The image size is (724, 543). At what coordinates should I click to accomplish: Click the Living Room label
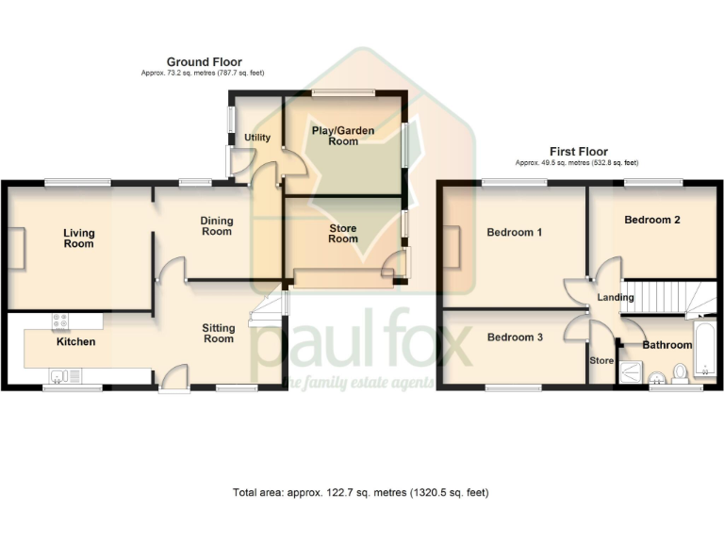click(79, 238)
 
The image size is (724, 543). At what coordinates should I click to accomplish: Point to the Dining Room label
click(216, 226)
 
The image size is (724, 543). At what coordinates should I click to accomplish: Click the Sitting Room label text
click(219, 333)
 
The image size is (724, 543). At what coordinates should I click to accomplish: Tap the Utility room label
click(257, 138)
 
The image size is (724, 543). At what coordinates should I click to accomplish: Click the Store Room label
click(343, 233)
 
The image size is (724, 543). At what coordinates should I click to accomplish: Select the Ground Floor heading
click(205, 62)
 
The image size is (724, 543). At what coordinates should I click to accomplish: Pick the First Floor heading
click(579, 151)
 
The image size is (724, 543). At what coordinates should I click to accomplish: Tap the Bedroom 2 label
click(652, 220)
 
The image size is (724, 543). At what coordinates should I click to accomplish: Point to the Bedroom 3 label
click(515, 337)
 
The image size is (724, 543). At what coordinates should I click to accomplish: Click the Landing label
click(616, 298)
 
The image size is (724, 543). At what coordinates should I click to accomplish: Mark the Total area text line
click(361, 492)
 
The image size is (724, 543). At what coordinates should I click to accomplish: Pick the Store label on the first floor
click(601, 360)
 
